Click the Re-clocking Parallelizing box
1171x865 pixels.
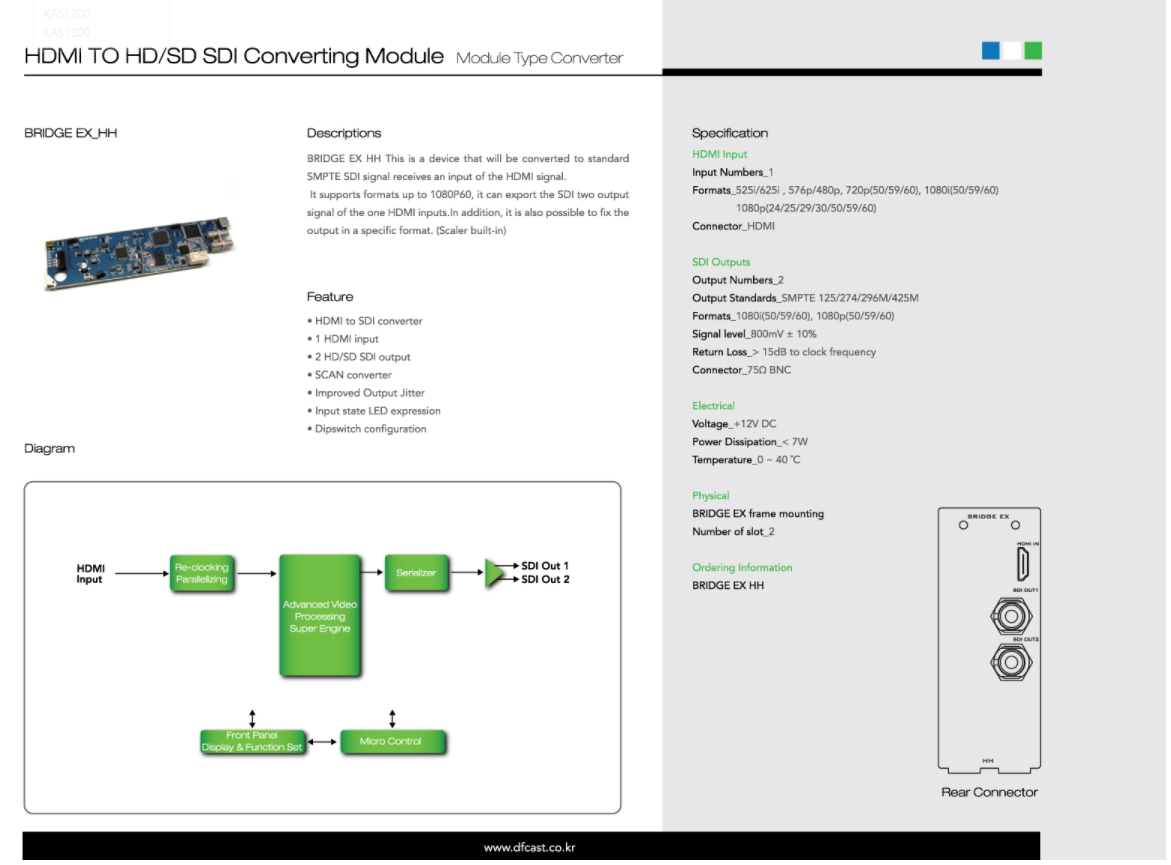click(x=201, y=573)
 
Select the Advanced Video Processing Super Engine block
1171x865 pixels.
click(x=319, y=616)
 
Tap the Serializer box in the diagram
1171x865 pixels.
click(x=416, y=573)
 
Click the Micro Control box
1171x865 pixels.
click(x=390, y=741)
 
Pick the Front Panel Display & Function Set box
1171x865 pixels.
click(x=252, y=741)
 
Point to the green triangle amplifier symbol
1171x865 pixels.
click(x=497, y=573)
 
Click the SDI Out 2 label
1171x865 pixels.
click(x=545, y=580)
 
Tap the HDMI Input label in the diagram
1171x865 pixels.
click(x=90, y=573)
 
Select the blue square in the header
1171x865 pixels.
click(x=991, y=50)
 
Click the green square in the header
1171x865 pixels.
click(x=1033, y=50)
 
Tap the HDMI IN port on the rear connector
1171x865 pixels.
click(x=1024, y=566)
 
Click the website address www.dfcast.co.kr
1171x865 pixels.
click(x=529, y=848)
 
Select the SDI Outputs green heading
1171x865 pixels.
click(x=720, y=262)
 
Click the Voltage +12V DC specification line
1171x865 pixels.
click(x=734, y=424)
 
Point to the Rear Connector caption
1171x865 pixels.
click(x=989, y=792)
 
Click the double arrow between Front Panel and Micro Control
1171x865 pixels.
click(x=321, y=742)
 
